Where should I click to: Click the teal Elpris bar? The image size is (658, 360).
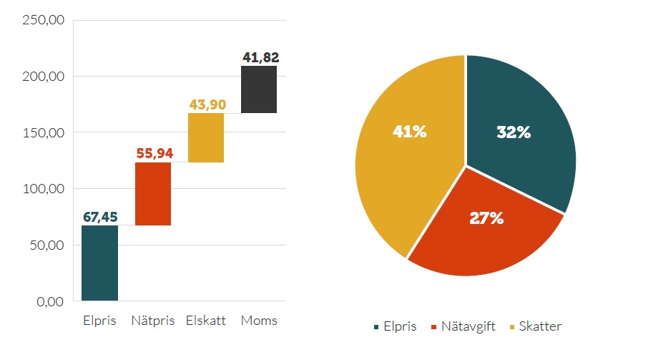(99, 263)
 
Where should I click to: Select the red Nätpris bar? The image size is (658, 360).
(152, 193)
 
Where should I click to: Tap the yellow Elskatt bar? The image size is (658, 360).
(206, 137)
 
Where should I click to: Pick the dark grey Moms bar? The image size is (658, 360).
(259, 89)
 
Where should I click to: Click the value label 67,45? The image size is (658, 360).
(99, 217)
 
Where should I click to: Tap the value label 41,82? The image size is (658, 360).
(260, 58)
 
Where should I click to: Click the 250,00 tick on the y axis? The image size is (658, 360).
(44, 20)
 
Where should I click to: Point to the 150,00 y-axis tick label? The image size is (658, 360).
(44, 133)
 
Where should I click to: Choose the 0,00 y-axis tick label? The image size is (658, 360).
(49, 302)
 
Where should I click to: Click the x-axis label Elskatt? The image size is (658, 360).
(205, 321)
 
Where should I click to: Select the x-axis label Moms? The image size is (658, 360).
(259, 321)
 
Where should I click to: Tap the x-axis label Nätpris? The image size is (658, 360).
(153, 321)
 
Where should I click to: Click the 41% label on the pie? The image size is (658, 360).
(409, 132)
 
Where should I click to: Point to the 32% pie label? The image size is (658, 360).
(514, 132)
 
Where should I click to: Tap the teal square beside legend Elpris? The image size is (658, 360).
(377, 327)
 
